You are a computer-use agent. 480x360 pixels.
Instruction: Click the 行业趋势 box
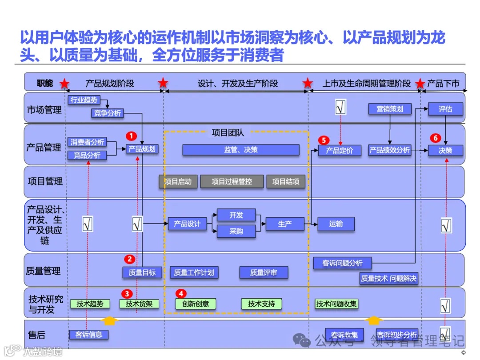84,100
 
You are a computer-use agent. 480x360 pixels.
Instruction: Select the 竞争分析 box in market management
107,113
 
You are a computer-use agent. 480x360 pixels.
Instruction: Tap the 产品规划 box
142,149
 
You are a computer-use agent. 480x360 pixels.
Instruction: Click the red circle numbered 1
131,136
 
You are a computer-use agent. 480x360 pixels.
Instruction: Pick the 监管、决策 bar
240,150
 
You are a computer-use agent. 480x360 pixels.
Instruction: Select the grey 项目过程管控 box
232,181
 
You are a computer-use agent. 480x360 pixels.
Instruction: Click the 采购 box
236,231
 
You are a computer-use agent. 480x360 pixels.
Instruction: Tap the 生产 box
285,224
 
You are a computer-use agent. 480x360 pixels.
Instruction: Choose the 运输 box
336,224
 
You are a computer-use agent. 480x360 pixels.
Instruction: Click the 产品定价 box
340,151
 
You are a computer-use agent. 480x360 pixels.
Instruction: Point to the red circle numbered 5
324,140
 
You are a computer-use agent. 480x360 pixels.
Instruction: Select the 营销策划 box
390,109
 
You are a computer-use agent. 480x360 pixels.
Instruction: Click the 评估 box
445,109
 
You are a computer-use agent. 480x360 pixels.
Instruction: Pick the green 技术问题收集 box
336,304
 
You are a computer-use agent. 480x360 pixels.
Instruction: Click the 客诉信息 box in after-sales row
89,335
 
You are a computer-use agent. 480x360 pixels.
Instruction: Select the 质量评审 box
264,272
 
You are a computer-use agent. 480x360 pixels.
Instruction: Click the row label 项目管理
45,181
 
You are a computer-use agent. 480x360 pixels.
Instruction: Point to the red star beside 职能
64,83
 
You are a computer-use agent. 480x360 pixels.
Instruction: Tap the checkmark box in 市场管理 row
341,107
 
